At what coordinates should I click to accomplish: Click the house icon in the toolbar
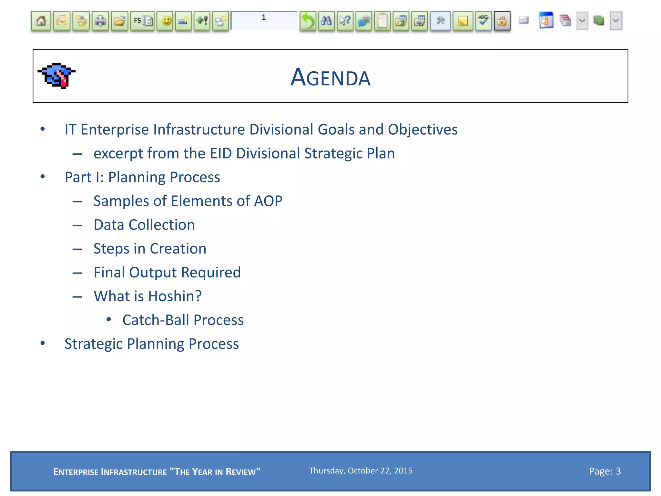pyautogui.click(x=41, y=21)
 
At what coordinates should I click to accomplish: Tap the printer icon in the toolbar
pyautogui.click(x=100, y=21)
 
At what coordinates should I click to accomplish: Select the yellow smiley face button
pyautogui.click(x=166, y=21)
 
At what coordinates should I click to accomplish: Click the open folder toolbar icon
pyautogui.click(x=120, y=21)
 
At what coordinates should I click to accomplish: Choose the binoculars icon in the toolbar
pyautogui.click(x=326, y=21)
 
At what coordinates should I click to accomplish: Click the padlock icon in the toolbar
pyautogui.click(x=502, y=21)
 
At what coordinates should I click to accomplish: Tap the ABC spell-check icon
pyautogui.click(x=483, y=21)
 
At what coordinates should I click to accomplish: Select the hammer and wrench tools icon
pyautogui.click(x=440, y=21)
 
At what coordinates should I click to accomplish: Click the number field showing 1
pyautogui.click(x=264, y=19)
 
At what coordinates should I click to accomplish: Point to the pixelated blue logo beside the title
pyautogui.click(x=57, y=76)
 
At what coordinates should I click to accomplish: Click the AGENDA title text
pyautogui.click(x=330, y=77)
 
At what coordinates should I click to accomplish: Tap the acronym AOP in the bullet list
pyautogui.click(x=268, y=201)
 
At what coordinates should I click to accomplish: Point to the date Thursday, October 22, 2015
pyautogui.click(x=361, y=470)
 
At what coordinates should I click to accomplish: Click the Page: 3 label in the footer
pyautogui.click(x=605, y=471)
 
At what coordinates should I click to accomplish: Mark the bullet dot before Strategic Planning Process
pyautogui.click(x=43, y=343)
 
